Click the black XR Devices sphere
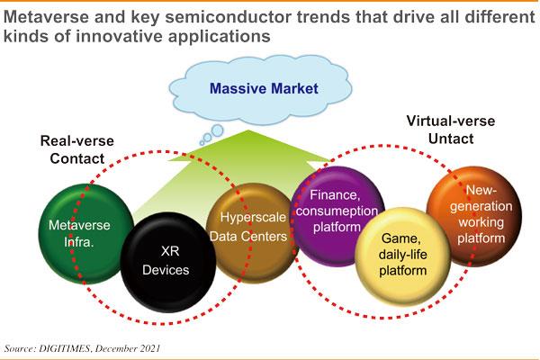click(x=168, y=262)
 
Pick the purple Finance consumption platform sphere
click(x=337, y=216)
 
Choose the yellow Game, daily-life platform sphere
click(x=402, y=256)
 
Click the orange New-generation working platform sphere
click(x=474, y=216)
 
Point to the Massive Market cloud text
click(x=264, y=88)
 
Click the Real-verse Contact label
click(x=77, y=150)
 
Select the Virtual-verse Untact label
click(x=451, y=130)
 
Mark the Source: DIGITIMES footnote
click(x=82, y=348)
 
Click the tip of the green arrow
click(x=248, y=130)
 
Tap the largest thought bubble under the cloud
click(x=217, y=130)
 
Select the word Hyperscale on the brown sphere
click(x=253, y=218)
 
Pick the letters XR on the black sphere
click(x=170, y=251)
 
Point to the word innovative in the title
click(x=121, y=36)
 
